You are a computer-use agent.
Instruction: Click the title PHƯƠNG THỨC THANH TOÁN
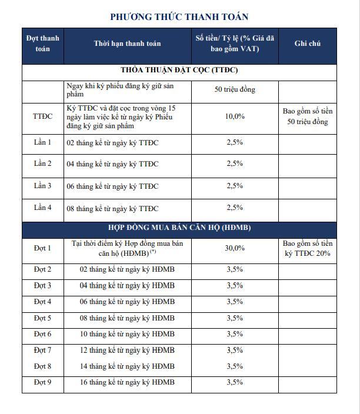[179, 16]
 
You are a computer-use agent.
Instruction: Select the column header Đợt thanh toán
[42, 44]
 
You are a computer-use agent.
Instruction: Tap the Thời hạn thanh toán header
[127, 44]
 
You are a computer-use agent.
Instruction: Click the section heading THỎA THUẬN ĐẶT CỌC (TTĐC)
[179, 71]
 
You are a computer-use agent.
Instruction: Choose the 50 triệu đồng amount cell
[235, 90]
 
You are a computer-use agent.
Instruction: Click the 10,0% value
[235, 116]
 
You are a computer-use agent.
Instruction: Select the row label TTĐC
[42, 116]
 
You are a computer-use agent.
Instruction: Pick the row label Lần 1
[42, 142]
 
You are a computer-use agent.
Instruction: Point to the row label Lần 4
[42, 208]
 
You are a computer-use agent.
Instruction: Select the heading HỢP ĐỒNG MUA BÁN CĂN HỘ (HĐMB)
[179, 228]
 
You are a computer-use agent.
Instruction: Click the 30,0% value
[235, 248]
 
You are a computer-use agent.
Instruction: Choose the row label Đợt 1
[42, 248]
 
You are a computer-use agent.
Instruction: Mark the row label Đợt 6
[42, 334]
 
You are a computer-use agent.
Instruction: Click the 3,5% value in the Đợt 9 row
[235, 382]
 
